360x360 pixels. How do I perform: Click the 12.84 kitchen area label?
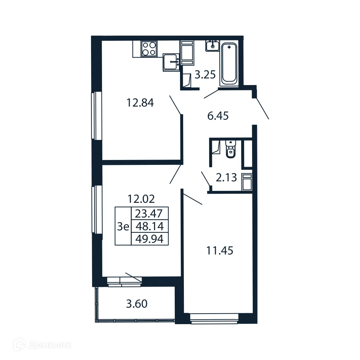coord(140,103)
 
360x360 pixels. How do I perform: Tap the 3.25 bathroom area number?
coord(205,75)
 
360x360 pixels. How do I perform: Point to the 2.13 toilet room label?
coord(226,178)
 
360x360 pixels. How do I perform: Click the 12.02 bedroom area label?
coord(141,199)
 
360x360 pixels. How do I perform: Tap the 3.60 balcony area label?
coord(136,303)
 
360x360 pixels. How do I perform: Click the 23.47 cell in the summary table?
coord(150,213)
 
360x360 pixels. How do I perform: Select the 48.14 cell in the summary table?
coord(150,226)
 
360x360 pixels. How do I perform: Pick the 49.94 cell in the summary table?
coord(150,239)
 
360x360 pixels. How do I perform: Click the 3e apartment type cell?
coord(123,226)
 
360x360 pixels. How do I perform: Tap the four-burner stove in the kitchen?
coord(149,49)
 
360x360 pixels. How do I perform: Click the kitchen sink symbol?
coord(172,62)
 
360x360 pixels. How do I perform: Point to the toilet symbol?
coord(230,150)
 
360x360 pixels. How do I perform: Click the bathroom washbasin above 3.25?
coord(213,46)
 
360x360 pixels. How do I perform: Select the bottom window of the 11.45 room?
coord(214,318)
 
